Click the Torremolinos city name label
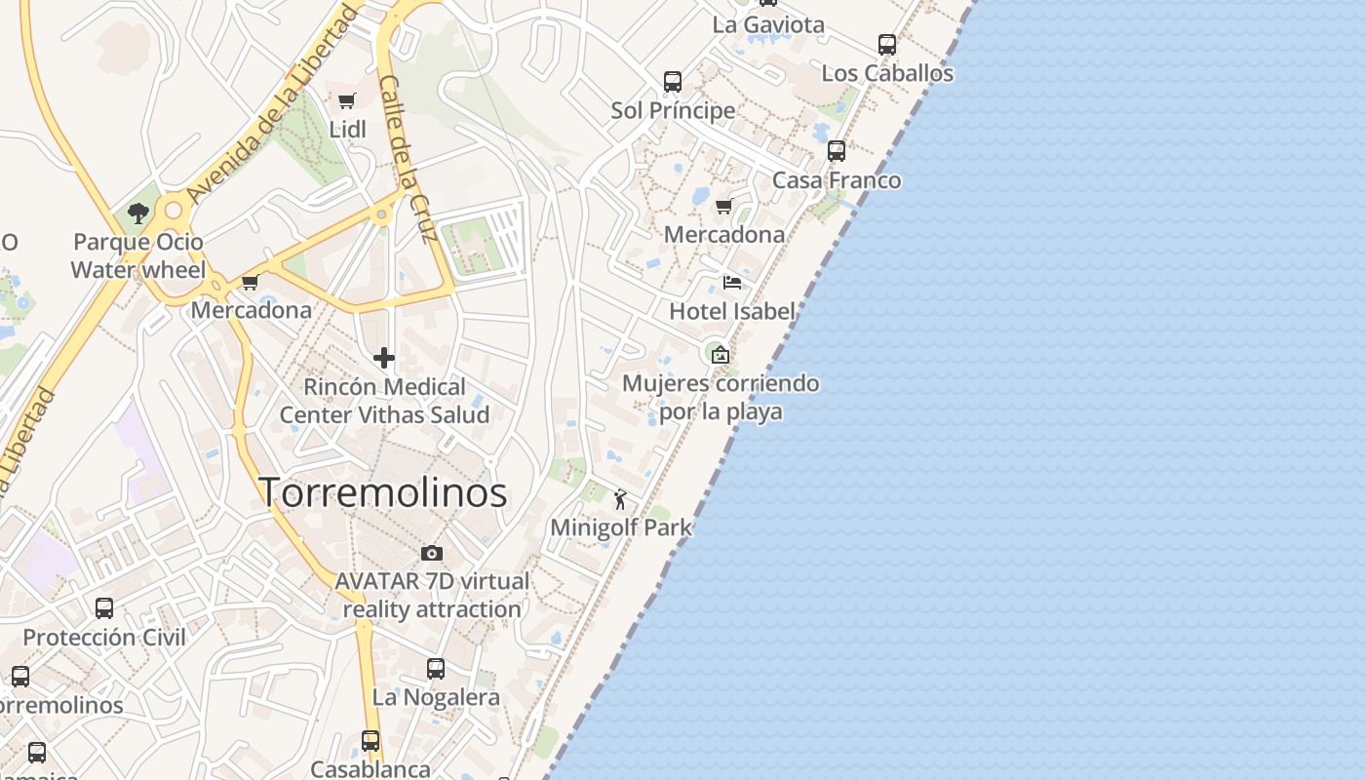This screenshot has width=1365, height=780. point(383,492)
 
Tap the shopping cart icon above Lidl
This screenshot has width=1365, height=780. point(346,100)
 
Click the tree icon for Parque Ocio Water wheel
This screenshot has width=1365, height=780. point(137,214)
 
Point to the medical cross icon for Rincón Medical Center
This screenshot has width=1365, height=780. point(384,358)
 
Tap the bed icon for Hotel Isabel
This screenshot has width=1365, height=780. point(732,283)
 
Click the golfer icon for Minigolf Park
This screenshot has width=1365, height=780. point(620,500)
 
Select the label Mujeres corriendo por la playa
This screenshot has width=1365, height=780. point(721,397)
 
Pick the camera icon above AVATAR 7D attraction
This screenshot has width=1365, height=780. point(431,553)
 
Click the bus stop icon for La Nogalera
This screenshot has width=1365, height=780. point(436,669)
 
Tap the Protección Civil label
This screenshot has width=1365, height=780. point(104,638)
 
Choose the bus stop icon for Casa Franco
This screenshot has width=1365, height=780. point(837,151)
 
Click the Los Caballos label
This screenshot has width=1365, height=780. point(887,73)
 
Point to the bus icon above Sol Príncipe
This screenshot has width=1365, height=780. point(673,82)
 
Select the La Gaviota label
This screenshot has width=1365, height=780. point(768,24)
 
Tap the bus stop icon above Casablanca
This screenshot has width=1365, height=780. point(370,741)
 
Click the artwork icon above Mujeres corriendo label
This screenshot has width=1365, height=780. point(720,355)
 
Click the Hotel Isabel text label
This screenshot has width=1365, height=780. point(732,311)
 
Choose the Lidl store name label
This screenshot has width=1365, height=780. point(347,129)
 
